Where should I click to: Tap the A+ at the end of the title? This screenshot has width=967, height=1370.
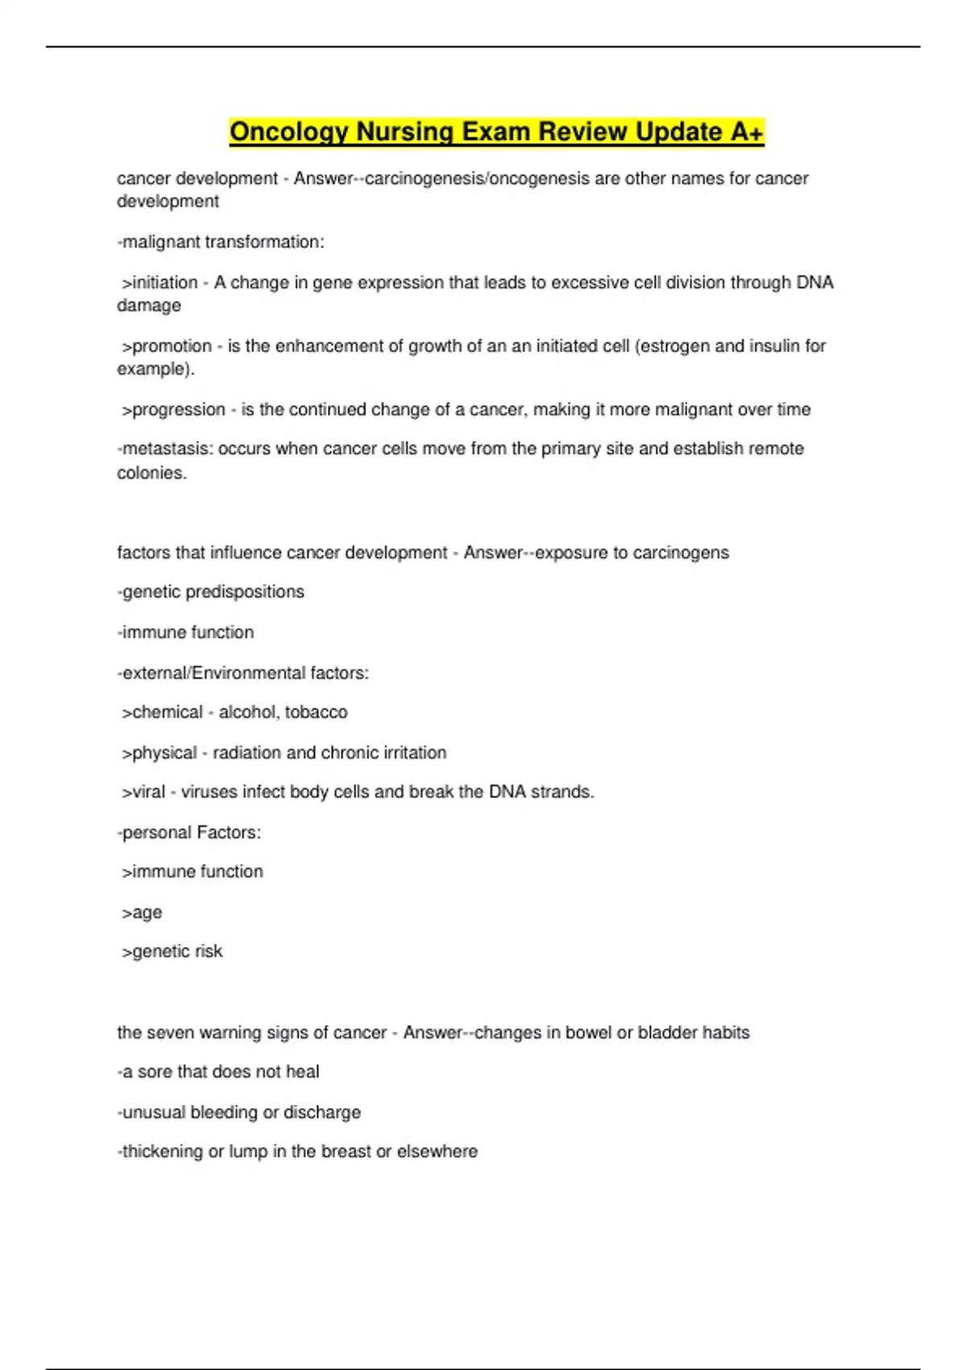pyautogui.click(x=747, y=132)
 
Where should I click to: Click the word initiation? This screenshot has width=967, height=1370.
pyautogui.click(x=164, y=283)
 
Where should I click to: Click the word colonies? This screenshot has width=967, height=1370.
pyautogui.click(x=151, y=473)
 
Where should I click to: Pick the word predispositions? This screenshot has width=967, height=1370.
pyautogui.click(x=245, y=592)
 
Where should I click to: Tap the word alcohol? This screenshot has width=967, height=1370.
pyautogui.click(x=247, y=712)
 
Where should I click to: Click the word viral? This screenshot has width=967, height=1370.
pyautogui.click(x=148, y=792)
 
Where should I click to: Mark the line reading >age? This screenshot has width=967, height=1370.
pyautogui.click(x=142, y=912)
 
